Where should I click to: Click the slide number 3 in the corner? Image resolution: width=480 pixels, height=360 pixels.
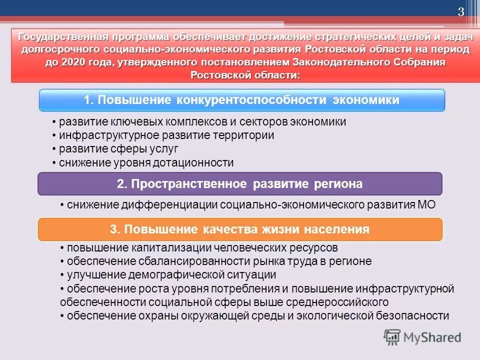461,12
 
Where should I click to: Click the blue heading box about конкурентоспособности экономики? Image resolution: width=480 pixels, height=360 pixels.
242,100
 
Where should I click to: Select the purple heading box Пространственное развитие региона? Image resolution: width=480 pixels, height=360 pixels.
240,183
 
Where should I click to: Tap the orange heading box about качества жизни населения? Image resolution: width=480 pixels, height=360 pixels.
240,229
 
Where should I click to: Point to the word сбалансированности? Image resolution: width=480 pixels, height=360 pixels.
184,261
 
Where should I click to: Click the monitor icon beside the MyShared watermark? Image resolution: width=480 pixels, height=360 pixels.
392,337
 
